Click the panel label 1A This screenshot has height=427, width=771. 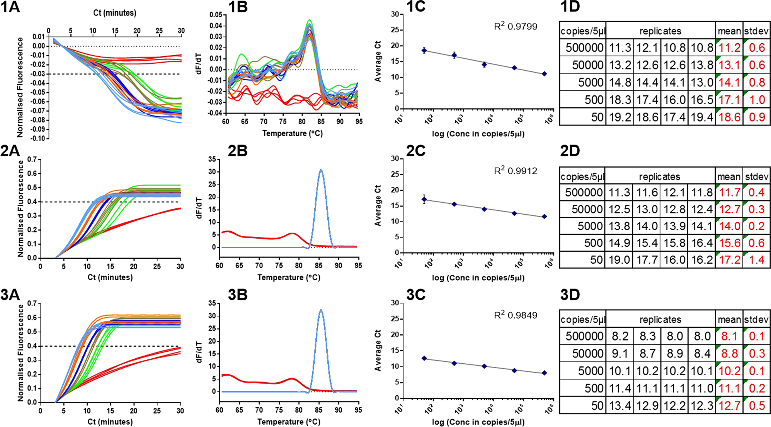(x=10, y=7)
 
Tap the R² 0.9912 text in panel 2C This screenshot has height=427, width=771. (x=516, y=171)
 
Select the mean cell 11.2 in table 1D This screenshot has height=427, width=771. (x=729, y=48)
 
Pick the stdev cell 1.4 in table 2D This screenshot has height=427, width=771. (x=756, y=260)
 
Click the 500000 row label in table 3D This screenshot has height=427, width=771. (x=584, y=336)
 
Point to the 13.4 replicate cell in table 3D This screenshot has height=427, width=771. (x=620, y=406)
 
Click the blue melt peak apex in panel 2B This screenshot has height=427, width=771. (x=321, y=170)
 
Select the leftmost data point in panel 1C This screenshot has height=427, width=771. (x=424, y=50)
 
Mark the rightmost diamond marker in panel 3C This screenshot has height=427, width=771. (x=544, y=373)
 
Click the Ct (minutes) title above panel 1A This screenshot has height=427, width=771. (x=115, y=13)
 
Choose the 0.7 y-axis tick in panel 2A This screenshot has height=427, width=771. (x=32, y=159)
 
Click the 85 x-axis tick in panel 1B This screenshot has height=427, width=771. (x=321, y=121)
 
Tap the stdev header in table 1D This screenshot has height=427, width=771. (x=756, y=31)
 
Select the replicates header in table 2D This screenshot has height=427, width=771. (x=659, y=177)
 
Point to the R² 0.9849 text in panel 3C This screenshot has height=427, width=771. (x=516, y=315)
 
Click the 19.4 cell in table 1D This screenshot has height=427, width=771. (x=702, y=117)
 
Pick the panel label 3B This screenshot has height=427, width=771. (x=238, y=295)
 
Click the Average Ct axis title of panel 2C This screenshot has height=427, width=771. (x=378, y=205)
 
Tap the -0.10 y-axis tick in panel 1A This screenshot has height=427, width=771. (x=38, y=138)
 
